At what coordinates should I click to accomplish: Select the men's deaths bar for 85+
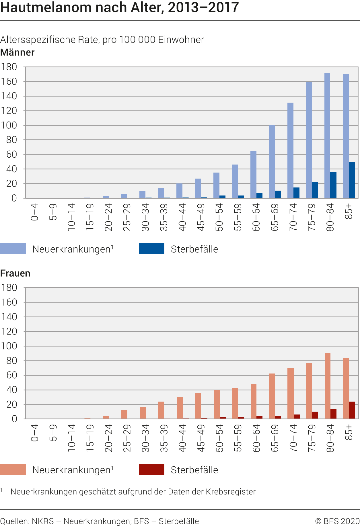click(x=352, y=180)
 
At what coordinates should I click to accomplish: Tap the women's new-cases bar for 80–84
click(x=327, y=386)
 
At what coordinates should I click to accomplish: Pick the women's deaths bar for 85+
click(x=352, y=410)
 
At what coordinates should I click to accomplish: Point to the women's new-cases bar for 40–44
click(x=180, y=408)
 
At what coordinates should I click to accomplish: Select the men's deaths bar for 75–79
click(x=315, y=190)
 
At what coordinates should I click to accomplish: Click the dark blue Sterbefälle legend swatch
click(x=151, y=249)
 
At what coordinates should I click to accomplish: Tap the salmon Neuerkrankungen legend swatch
click(x=13, y=470)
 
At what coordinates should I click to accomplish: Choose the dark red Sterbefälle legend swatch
click(x=151, y=470)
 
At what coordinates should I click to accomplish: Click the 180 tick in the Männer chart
click(x=9, y=67)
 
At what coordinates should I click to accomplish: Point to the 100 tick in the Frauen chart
click(x=9, y=346)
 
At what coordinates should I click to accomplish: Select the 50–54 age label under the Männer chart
click(x=219, y=217)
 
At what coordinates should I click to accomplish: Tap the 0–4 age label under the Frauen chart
click(x=34, y=433)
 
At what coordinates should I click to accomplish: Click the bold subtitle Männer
click(x=17, y=52)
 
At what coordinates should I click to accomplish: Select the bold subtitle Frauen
click(x=15, y=273)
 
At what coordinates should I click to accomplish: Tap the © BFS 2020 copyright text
click(x=337, y=521)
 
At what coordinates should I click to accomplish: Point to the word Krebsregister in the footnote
click(x=231, y=492)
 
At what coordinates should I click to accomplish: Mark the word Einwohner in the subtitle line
click(x=181, y=40)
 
